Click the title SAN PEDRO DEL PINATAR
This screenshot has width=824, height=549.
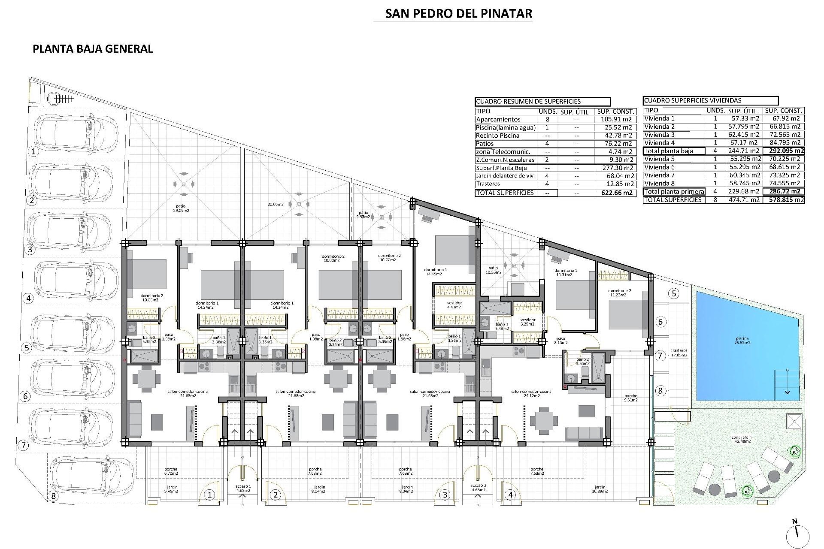click(458, 14)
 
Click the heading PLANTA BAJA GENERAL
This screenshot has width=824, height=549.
click(93, 49)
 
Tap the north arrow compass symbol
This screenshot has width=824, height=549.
click(797, 534)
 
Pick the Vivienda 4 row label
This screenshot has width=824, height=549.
click(659, 143)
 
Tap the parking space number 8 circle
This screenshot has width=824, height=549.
click(53, 496)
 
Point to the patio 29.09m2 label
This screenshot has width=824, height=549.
click(181, 208)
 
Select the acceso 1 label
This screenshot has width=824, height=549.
click(242, 488)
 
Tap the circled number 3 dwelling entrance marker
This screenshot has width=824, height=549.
click(445, 495)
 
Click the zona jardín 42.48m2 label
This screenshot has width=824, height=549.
click(742, 439)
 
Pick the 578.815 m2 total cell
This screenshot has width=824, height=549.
click(784, 200)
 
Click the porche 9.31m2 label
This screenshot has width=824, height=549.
click(631, 398)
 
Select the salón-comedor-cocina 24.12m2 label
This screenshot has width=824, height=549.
click(531, 393)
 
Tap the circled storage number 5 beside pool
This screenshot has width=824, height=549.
click(674, 294)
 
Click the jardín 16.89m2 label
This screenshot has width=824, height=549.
click(600, 489)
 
